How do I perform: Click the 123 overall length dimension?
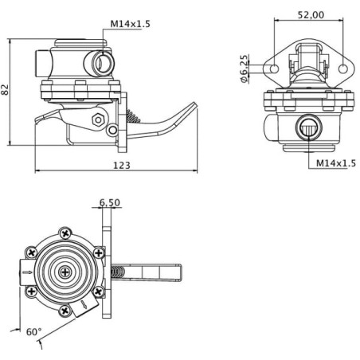(x=122, y=166)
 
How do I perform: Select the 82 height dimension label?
(x=5, y=89)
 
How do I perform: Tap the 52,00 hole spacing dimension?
(x=311, y=15)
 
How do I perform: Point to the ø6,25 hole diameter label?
(x=245, y=68)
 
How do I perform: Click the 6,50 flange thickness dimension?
(x=110, y=202)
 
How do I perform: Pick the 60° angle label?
(x=34, y=331)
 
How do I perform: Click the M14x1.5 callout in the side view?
(x=130, y=24)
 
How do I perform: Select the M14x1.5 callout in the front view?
(x=336, y=163)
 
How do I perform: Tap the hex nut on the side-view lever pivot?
(x=98, y=119)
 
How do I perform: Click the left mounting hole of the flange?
(x=274, y=68)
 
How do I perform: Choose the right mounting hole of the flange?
(x=343, y=68)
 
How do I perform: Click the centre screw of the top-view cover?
(x=65, y=272)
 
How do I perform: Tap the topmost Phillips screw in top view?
(x=65, y=234)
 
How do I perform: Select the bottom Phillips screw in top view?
(x=65, y=311)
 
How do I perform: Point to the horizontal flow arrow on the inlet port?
(x=27, y=272)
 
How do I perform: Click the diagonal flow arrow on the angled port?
(x=84, y=304)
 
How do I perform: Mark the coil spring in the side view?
(x=133, y=116)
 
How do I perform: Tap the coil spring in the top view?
(x=117, y=272)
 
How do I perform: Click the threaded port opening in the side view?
(x=103, y=63)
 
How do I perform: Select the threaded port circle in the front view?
(x=309, y=127)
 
